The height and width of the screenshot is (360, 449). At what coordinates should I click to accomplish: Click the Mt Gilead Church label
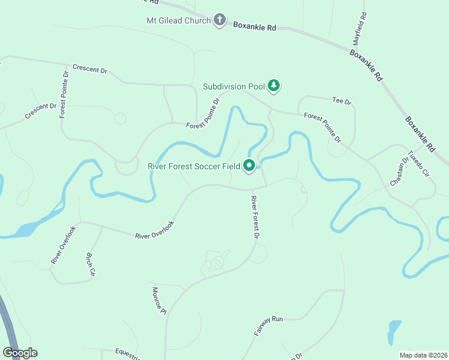tap(179, 21)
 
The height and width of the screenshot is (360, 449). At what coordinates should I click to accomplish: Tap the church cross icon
tap(220, 20)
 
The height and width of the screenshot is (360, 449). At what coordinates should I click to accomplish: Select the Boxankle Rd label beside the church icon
tap(255, 27)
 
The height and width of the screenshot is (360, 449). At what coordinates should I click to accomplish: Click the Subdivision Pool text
tap(234, 86)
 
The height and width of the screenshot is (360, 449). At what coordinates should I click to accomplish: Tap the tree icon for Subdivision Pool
tap(274, 86)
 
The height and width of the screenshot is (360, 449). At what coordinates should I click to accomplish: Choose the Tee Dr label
tap(341, 101)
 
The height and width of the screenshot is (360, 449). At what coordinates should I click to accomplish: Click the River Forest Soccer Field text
tap(194, 166)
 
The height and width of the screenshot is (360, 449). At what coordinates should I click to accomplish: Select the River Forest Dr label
tap(255, 218)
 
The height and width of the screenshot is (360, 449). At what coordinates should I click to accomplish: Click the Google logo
tap(20, 353)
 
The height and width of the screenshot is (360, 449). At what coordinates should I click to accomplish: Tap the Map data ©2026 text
tap(423, 355)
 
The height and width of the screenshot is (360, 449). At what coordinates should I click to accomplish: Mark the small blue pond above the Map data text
tap(394, 331)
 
